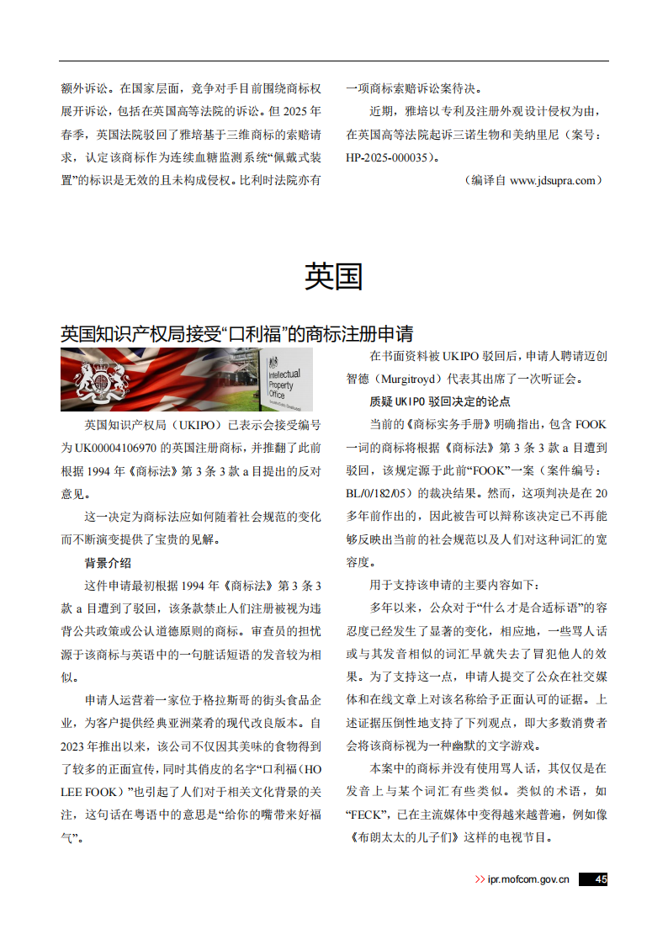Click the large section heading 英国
coord(333,276)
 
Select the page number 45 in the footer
coord(600,879)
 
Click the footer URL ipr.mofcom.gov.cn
coord(528,879)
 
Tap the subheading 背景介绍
coord(108,563)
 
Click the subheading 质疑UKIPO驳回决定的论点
coord(440,401)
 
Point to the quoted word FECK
coord(363,815)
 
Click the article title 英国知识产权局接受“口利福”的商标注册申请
coord(236,333)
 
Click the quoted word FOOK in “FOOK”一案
coord(488,470)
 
